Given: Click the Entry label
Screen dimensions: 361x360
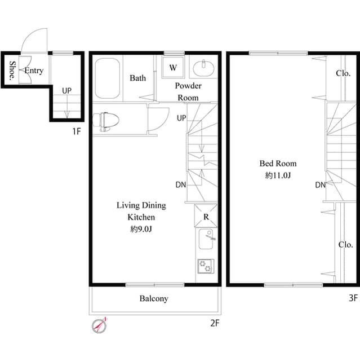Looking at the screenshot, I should pyautogui.click(x=34, y=71).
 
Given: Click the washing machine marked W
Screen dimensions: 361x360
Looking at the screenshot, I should pyautogui.click(x=173, y=68).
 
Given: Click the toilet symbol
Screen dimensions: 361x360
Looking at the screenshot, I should pyautogui.click(x=106, y=121).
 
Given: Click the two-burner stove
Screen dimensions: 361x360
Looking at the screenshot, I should pyautogui.click(x=205, y=266).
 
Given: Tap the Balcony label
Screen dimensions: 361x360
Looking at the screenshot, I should pyautogui.click(x=153, y=299).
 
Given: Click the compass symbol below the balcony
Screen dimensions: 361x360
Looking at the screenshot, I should pyautogui.click(x=100, y=325).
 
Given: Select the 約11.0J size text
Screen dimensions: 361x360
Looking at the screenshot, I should pyautogui.click(x=277, y=175).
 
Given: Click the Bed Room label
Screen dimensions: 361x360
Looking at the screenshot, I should pyautogui.click(x=277, y=164).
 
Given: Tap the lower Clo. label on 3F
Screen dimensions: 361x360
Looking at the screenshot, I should pyautogui.click(x=345, y=245).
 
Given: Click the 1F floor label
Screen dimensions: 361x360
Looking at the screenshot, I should pyautogui.click(x=78, y=131).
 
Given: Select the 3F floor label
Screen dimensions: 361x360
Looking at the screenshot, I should pyautogui.click(x=352, y=297).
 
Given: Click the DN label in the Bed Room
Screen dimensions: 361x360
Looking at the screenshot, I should pyautogui.click(x=320, y=184).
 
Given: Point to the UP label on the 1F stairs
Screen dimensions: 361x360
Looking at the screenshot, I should pyautogui.click(x=66, y=90).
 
